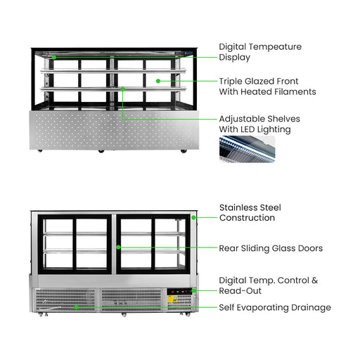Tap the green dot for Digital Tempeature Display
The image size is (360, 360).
(x=54, y=57)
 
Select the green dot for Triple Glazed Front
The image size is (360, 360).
(x=158, y=81)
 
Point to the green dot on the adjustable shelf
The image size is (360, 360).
(x=122, y=89)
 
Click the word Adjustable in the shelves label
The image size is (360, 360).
(x=242, y=119)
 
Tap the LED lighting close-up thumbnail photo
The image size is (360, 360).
(x=247, y=149)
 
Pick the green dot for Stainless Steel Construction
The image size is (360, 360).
(x=193, y=218)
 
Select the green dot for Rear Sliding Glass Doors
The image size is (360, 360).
(x=119, y=247)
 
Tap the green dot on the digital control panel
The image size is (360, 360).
(x=193, y=290)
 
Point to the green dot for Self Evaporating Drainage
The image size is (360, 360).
(x=76, y=307)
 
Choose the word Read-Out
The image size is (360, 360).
(x=240, y=291)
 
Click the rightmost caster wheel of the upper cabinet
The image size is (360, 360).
(x=184, y=151)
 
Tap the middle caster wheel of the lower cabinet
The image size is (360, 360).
(x=124, y=314)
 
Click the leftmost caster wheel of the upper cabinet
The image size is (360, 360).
(x=40, y=150)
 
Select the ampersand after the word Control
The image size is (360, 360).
(x=315, y=281)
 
